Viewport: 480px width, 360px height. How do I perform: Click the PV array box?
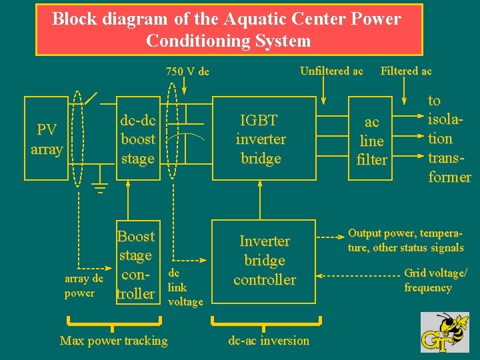tap(46, 139)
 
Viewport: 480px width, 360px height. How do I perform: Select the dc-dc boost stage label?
tap(137, 139)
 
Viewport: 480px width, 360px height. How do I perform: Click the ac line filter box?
tap(371, 140)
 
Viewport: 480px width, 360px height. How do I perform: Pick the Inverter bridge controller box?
tap(264, 260)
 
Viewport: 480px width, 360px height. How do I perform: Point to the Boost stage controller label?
tap(135, 265)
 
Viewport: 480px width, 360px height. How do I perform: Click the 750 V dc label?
tap(187, 71)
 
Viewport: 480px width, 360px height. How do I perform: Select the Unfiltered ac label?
tap(331, 71)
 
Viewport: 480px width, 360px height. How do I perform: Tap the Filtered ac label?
tap(406, 71)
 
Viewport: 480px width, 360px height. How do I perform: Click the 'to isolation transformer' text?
tap(449, 139)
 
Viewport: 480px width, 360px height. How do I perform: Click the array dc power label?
tap(84, 286)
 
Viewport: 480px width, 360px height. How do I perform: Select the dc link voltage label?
tap(185, 287)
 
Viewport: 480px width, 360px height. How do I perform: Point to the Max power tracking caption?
tap(114, 341)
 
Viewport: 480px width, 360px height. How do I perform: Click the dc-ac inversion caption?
tap(269, 341)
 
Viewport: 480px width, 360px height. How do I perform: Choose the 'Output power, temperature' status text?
tap(405, 240)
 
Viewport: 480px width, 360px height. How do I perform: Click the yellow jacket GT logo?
tap(445, 332)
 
